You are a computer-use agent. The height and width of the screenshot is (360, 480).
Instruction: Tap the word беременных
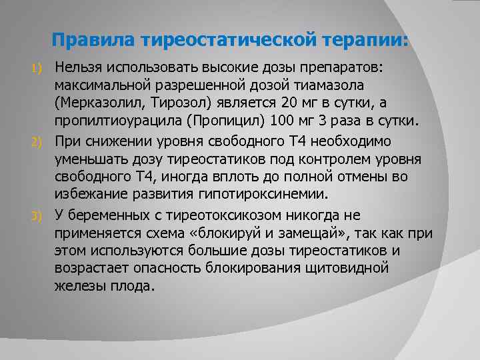pyautogui.click(x=107, y=215)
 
